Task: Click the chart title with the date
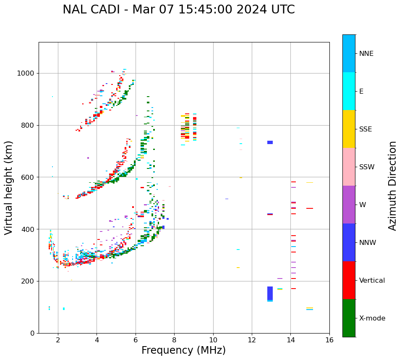(x=179, y=10)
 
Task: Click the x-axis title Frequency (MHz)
(x=183, y=350)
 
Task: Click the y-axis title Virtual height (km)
(x=9, y=188)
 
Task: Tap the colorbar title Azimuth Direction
(x=392, y=186)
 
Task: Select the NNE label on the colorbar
(x=366, y=54)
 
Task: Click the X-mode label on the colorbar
(x=372, y=318)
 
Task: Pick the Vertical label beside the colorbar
(x=372, y=281)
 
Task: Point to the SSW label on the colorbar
(x=367, y=167)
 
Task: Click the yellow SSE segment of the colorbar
(x=349, y=129)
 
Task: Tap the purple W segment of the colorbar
(x=349, y=205)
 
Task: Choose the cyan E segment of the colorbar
(x=349, y=91)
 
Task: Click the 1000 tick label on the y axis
(x=26, y=74)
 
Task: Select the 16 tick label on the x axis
(x=329, y=340)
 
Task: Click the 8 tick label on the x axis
(x=174, y=340)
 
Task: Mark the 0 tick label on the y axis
(x=32, y=333)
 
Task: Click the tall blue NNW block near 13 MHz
(x=270, y=293)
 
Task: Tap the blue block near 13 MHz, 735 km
(x=270, y=142)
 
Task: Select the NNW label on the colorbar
(x=368, y=243)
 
